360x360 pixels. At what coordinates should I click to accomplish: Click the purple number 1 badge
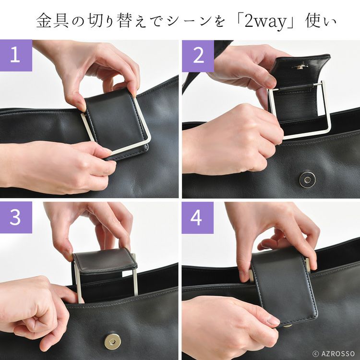coord(16,55)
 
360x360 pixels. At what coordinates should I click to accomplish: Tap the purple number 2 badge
coord(198,56)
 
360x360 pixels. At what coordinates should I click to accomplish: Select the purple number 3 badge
coord(16,217)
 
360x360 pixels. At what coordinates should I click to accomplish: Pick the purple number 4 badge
coord(197,217)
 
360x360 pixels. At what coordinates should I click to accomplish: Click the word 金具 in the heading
coord(52,21)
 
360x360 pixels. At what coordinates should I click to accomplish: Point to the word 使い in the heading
coord(321,21)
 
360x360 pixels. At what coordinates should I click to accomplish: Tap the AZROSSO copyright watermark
coord(334,353)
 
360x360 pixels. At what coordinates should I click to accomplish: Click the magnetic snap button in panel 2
coord(307,180)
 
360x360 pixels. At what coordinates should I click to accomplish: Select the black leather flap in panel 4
coord(284,286)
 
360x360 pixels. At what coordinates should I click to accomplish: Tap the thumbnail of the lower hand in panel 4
coord(273,320)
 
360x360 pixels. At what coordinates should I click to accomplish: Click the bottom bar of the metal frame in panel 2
coord(307,135)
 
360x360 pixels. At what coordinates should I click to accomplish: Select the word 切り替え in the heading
coord(118,21)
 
